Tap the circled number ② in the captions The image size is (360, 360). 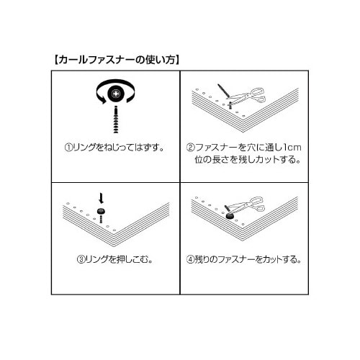[191, 148]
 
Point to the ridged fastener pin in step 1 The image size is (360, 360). [115, 119]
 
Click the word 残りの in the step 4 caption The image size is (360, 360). [210, 257]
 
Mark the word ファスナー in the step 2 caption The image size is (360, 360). [217, 148]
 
